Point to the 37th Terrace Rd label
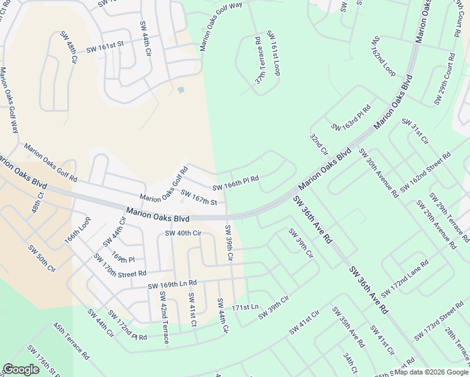258,60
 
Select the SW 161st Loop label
273,53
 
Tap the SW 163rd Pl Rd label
351,118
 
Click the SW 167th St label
199,197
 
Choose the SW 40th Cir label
182,233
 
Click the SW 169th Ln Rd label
172,285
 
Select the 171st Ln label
245,307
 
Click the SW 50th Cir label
42,258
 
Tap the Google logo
21,369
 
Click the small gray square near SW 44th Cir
181,90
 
